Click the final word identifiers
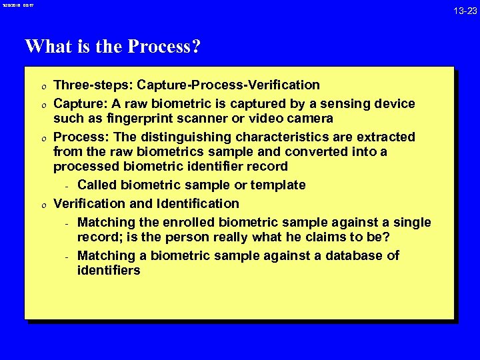tap(109, 270)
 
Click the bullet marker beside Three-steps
tap(41, 85)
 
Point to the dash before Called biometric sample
tap(67, 185)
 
